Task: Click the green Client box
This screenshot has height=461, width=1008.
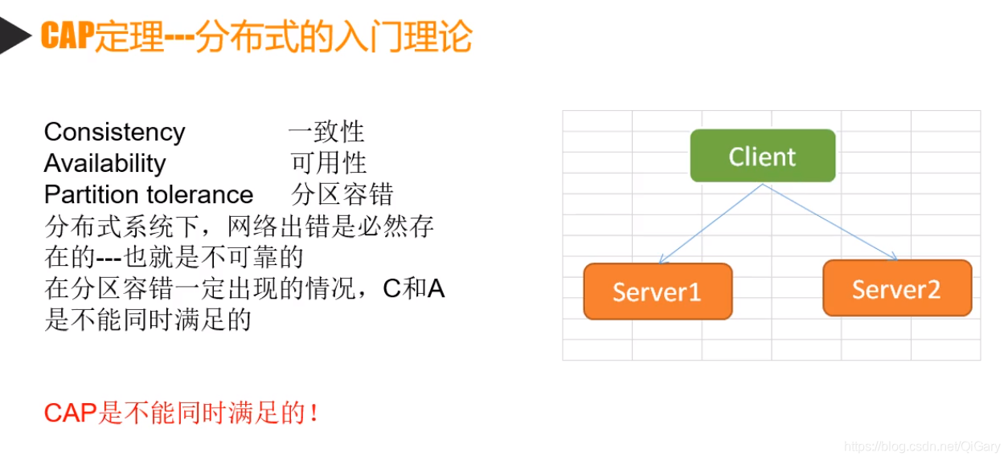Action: click(762, 156)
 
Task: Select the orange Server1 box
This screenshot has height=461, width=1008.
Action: click(658, 291)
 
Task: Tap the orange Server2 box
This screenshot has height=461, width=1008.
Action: click(896, 288)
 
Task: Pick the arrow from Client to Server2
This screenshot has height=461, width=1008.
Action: click(830, 222)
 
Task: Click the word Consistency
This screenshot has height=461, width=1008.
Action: click(114, 132)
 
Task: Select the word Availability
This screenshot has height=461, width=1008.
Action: click(104, 163)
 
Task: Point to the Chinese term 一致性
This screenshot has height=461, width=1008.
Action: click(326, 132)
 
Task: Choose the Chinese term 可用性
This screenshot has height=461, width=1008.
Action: click(328, 163)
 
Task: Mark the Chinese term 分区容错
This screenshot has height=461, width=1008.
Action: click(342, 194)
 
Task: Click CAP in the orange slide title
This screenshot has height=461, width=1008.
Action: click(67, 37)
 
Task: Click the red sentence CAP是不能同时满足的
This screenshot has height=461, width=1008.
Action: click(181, 414)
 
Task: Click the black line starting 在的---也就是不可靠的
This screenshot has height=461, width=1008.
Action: click(174, 257)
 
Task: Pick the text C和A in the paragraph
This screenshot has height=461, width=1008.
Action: click(413, 288)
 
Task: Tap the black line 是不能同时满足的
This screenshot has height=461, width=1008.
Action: click(148, 320)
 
